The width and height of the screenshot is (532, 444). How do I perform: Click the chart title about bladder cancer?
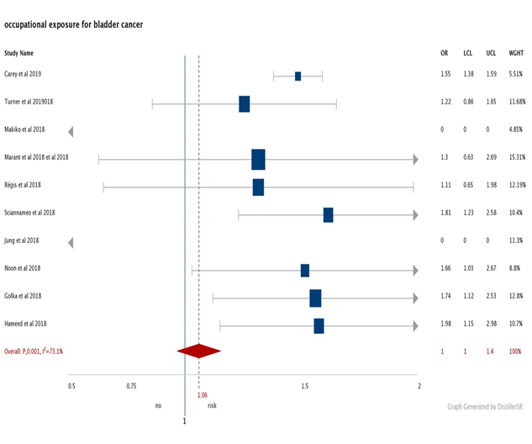click(74, 24)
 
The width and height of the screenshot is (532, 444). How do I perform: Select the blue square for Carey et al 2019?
click(298, 77)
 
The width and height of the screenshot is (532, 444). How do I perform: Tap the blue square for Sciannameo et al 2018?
click(328, 215)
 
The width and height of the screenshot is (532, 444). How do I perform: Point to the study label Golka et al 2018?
click(23, 296)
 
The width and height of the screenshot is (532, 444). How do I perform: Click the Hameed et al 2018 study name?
click(26, 324)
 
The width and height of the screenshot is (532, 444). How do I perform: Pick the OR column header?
click(445, 53)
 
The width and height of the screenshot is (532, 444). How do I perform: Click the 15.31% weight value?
click(515, 157)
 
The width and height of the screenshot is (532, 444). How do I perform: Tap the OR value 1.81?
click(445, 213)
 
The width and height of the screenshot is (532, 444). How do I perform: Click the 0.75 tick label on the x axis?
click(131, 386)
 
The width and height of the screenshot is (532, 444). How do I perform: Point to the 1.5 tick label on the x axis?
click(304, 386)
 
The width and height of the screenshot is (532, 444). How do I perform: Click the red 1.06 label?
click(203, 394)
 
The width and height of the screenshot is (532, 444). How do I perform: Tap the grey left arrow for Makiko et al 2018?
click(71, 131)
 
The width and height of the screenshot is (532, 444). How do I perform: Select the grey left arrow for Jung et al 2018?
click(71, 242)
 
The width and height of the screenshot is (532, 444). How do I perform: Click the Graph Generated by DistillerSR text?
click(487, 404)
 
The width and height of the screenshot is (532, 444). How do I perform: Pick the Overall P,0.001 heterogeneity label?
click(34, 351)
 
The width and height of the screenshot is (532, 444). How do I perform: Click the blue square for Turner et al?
click(244, 104)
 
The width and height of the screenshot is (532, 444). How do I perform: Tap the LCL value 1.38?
click(467, 74)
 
